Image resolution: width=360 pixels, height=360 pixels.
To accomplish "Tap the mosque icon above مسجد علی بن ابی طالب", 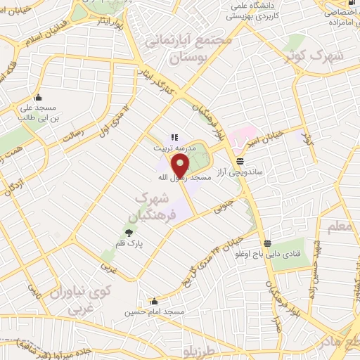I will click(x=37, y=98).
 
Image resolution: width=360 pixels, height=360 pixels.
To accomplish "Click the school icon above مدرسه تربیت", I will click(x=175, y=138).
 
